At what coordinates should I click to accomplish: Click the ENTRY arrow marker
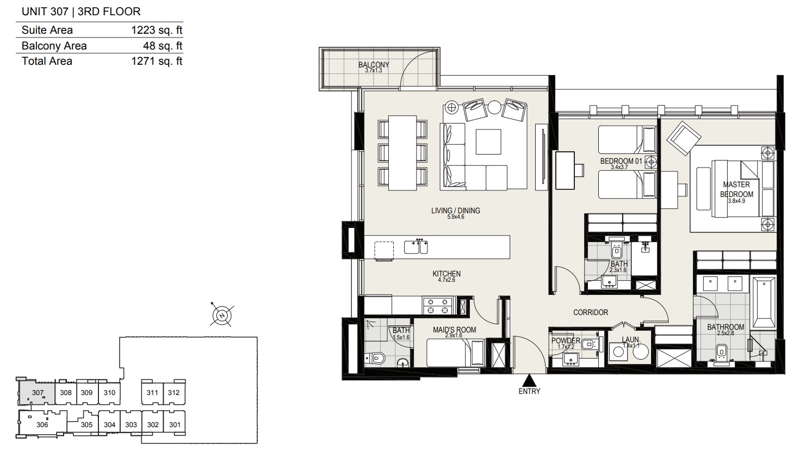click(x=529, y=380)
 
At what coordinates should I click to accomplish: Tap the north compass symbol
click(x=222, y=316)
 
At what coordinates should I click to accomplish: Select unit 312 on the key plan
click(x=174, y=392)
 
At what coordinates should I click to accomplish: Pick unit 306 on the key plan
click(x=42, y=424)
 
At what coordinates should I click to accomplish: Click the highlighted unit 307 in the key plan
click(x=37, y=392)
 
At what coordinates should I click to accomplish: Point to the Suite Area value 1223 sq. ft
click(x=157, y=30)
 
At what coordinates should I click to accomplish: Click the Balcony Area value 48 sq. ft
click(x=163, y=46)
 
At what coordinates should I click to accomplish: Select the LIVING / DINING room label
click(x=456, y=211)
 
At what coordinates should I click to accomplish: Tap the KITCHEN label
click(x=447, y=274)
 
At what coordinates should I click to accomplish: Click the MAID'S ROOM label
click(x=455, y=330)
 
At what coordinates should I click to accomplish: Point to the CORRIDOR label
click(x=591, y=312)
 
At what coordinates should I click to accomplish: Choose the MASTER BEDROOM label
click(x=736, y=189)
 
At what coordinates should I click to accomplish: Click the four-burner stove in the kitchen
click(x=437, y=306)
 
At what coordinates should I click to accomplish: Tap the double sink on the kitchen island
click(x=416, y=246)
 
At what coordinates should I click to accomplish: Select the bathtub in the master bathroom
click(x=764, y=303)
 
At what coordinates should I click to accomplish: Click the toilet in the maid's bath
click(x=376, y=359)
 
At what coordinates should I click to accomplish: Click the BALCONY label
click(x=374, y=65)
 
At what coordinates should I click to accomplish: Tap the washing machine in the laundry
click(x=618, y=352)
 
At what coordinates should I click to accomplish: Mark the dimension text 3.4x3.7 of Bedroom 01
click(x=619, y=167)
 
